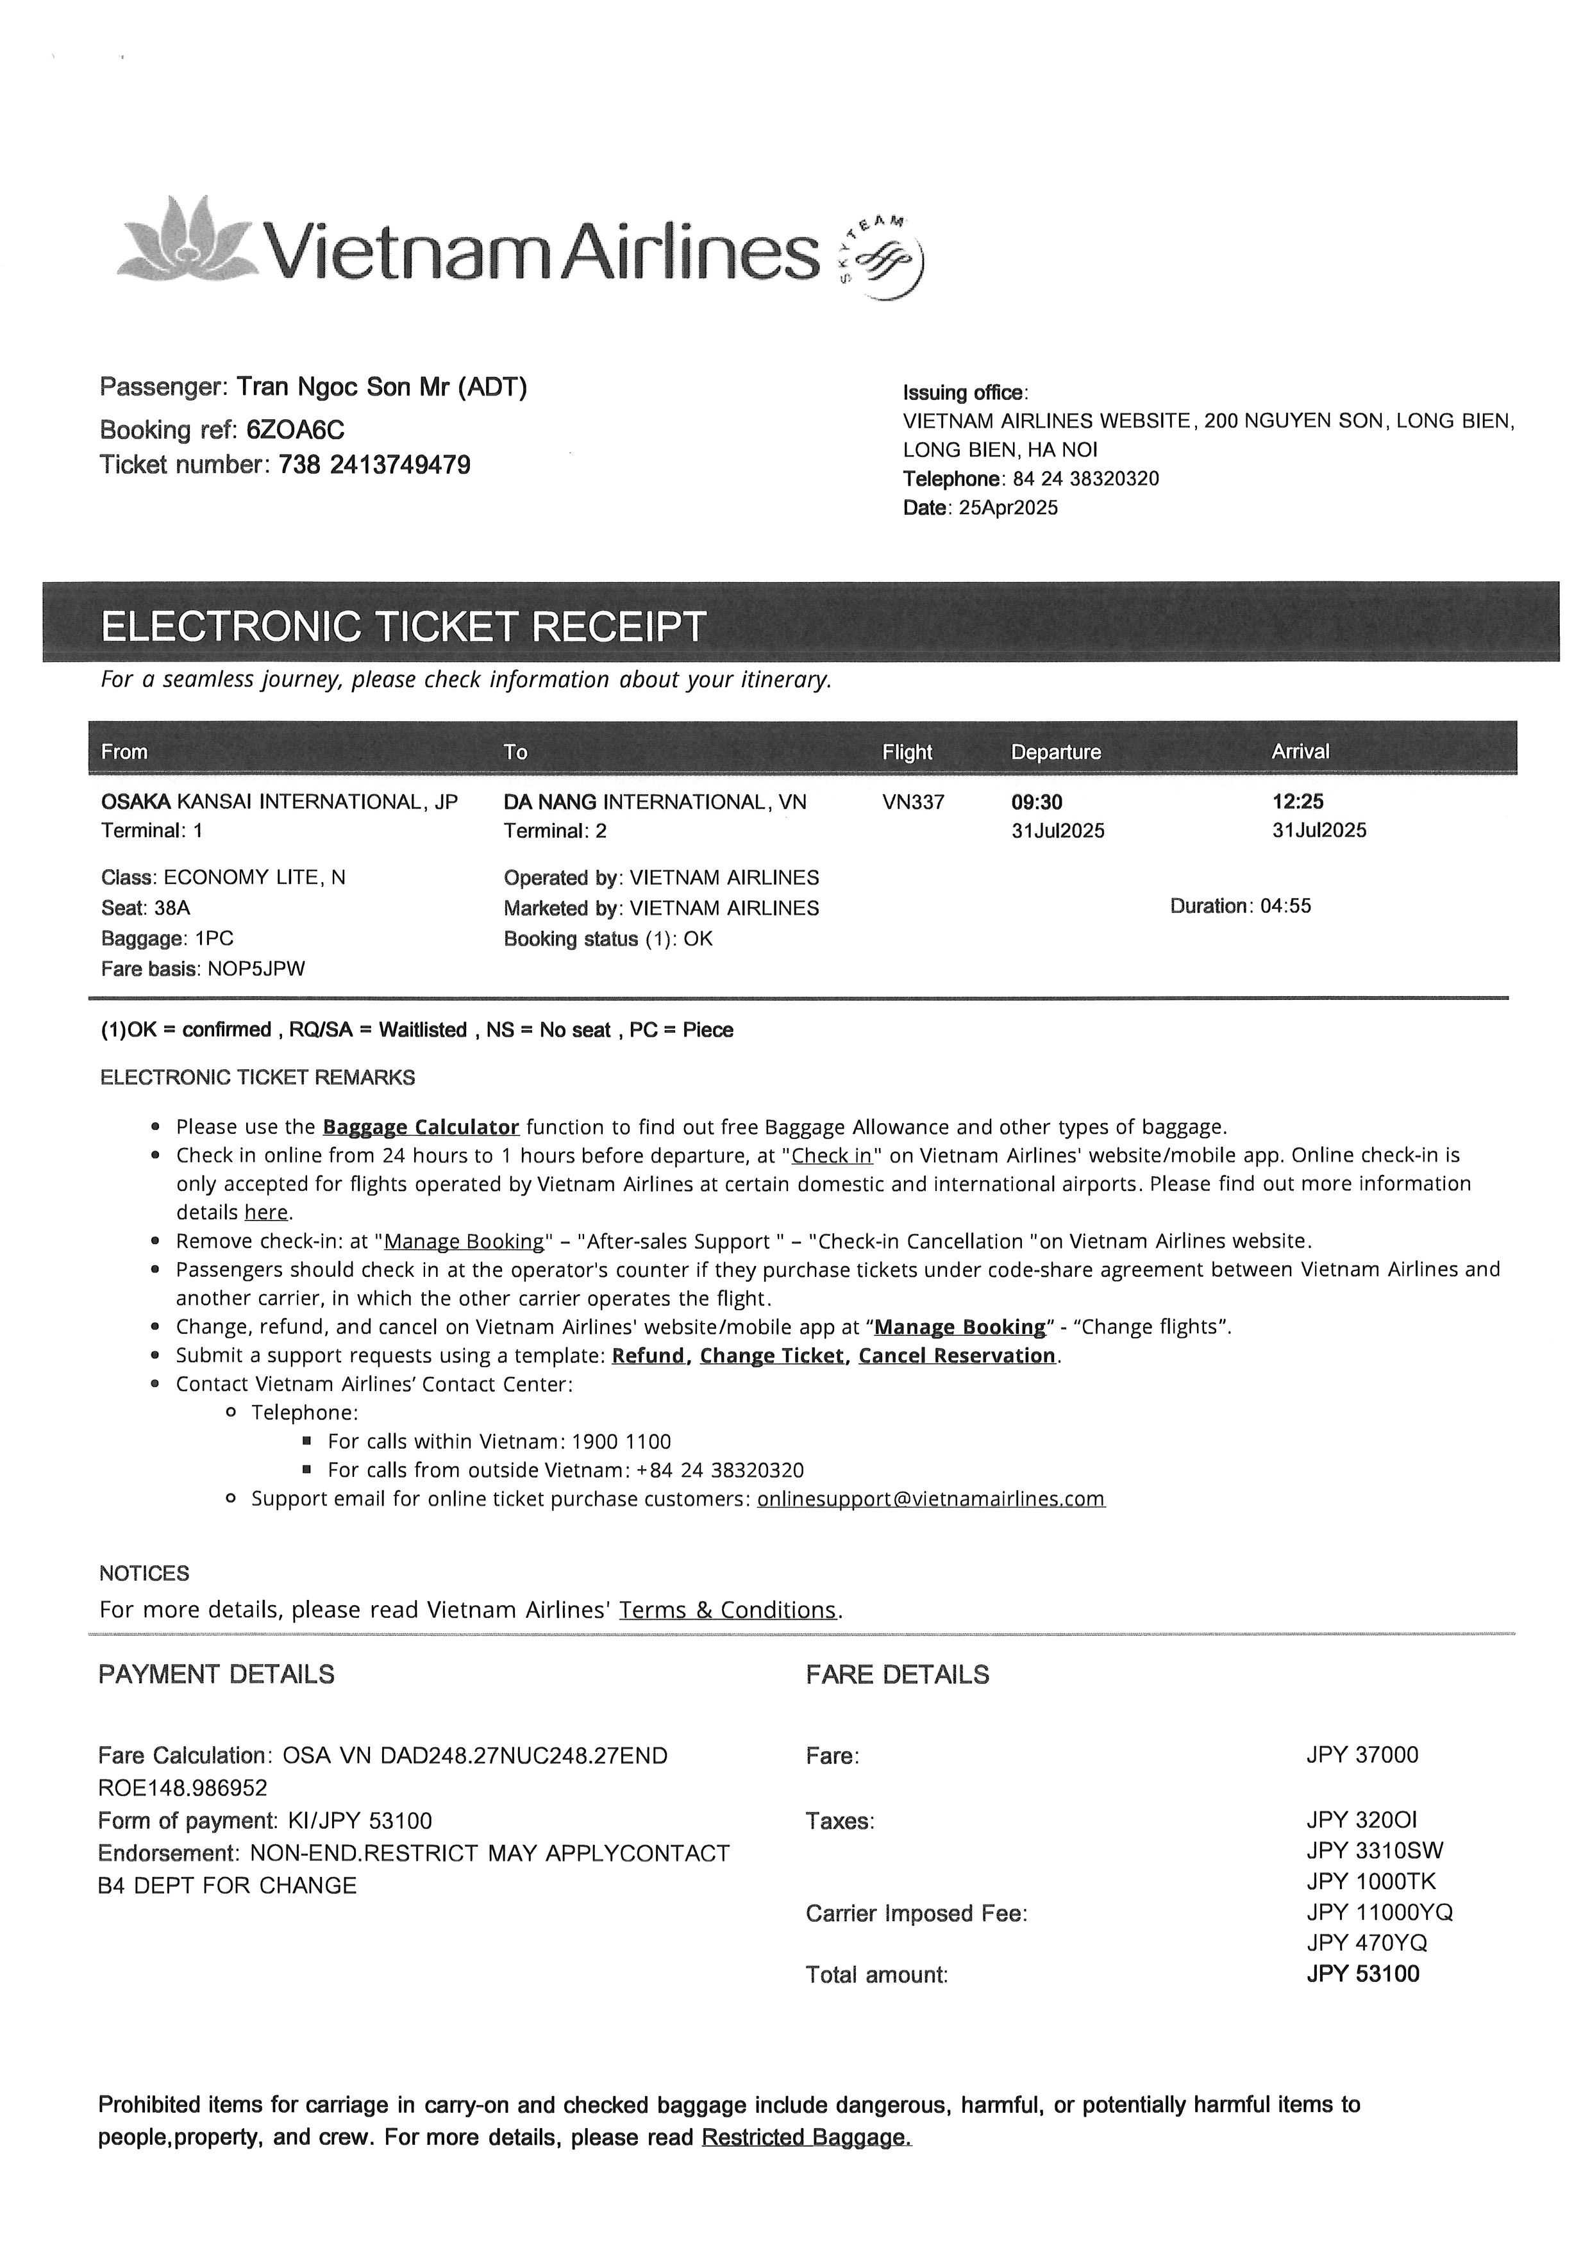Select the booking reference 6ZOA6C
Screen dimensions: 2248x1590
tap(295, 430)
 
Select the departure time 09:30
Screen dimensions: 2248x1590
tap(1036, 802)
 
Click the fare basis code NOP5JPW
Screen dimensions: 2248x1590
tap(256, 969)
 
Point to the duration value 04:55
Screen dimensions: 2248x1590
tap(1285, 906)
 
